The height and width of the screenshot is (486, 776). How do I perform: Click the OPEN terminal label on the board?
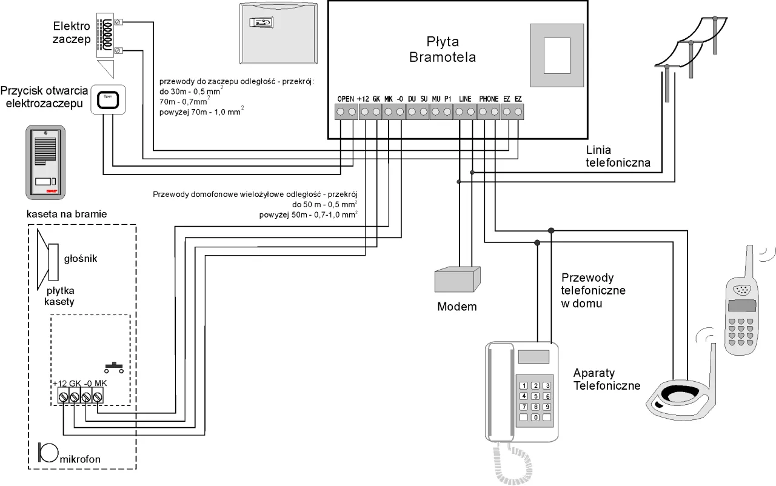coord(346,99)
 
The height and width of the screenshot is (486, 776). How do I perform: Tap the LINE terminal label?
coord(465,99)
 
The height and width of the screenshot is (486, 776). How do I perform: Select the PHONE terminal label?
coord(489,99)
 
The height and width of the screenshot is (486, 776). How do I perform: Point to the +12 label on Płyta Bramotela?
coord(363,99)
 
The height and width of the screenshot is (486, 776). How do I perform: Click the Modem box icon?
coord(458,279)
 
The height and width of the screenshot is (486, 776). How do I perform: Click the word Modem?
coord(457,307)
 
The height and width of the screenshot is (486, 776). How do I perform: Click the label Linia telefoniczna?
coord(618,156)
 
